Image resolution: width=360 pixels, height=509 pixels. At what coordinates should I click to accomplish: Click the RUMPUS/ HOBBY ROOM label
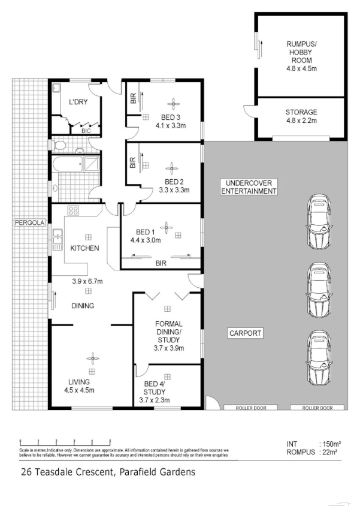(x=301, y=51)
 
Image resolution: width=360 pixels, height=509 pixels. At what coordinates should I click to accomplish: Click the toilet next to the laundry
(x=59, y=145)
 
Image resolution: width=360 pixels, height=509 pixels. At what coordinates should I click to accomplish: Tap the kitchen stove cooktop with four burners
(x=75, y=211)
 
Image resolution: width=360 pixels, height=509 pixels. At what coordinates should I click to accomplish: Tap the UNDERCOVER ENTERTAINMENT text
(x=249, y=187)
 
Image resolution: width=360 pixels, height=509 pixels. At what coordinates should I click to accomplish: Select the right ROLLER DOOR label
(x=317, y=408)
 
